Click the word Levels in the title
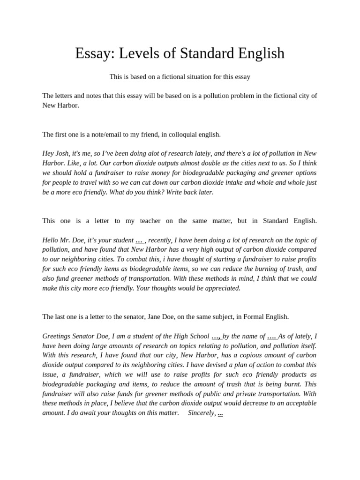pos(136,53)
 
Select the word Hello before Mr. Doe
pos(52,240)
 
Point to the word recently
pos(159,240)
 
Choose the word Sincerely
pos(201,413)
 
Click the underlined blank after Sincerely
pos(220,413)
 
